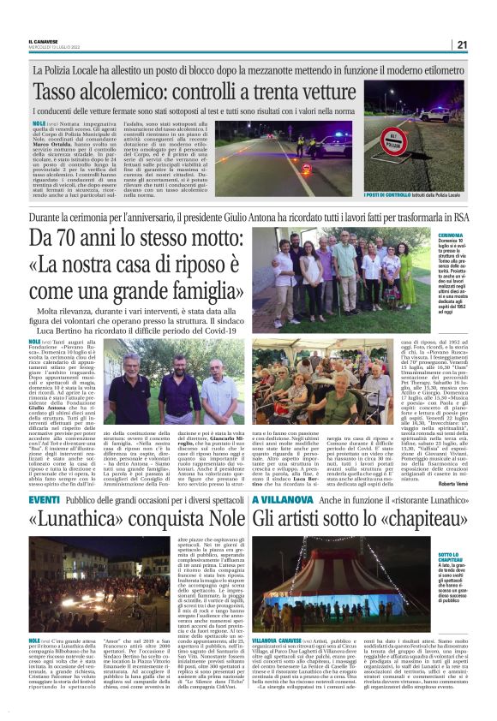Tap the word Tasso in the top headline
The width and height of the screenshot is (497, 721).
coord(63,90)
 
